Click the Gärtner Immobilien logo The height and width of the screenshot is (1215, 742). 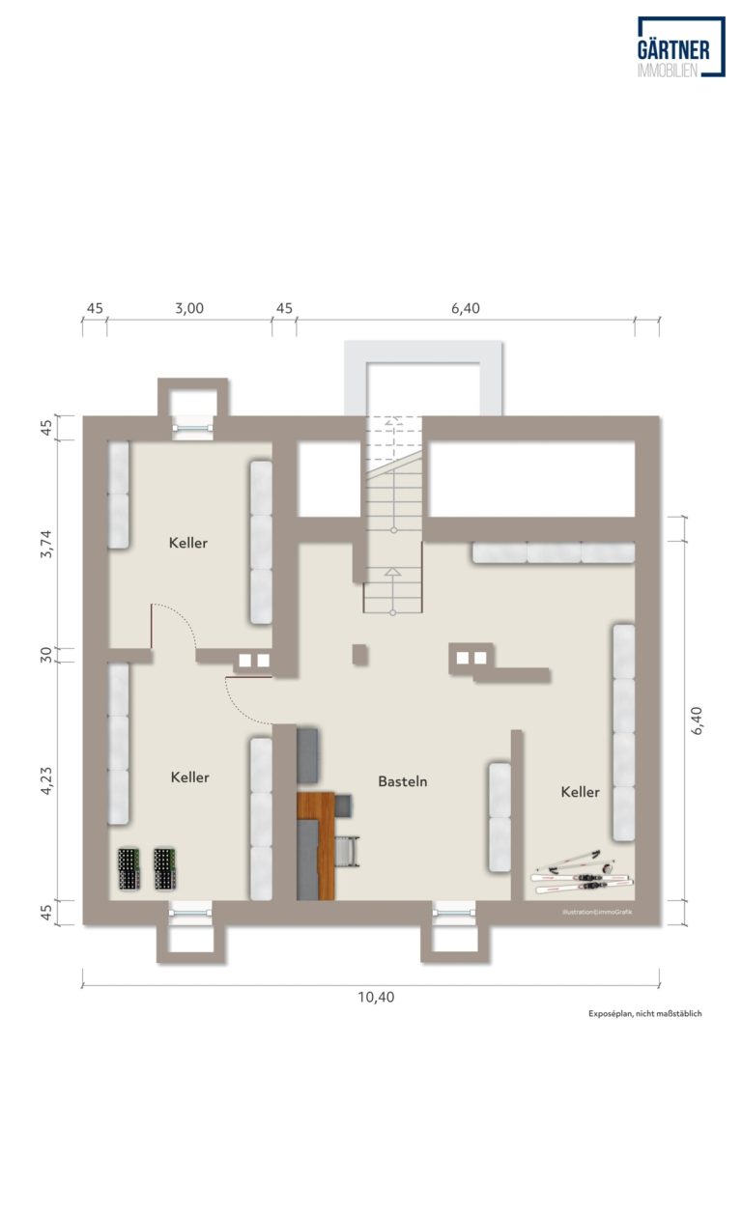point(681,47)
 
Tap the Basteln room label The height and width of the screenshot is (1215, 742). point(403,781)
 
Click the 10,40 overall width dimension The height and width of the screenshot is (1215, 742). point(376,997)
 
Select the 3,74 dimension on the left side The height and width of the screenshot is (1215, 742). point(46,544)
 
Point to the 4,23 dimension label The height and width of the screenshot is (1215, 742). point(46,781)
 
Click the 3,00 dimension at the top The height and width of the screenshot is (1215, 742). point(189,309)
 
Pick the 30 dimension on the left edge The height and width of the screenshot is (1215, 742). point(46,655)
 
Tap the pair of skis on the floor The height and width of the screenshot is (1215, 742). point(582,873)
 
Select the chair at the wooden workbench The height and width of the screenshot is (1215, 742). point(347,852)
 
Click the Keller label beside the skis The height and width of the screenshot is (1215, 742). point(580,792)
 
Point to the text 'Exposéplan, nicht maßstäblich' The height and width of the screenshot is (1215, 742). point(645,1013)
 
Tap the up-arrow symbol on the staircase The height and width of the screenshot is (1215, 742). point(392,572)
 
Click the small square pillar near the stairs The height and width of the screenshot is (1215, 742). point(360,655)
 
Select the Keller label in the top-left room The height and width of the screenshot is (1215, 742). point(188,543)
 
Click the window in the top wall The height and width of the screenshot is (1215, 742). point(193,428)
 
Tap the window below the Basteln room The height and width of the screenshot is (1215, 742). point(454,914)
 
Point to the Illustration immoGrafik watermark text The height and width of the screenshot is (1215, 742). point(597,912)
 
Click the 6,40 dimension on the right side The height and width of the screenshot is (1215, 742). point(697,721)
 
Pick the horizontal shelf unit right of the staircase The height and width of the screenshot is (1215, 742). point(554,552)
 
